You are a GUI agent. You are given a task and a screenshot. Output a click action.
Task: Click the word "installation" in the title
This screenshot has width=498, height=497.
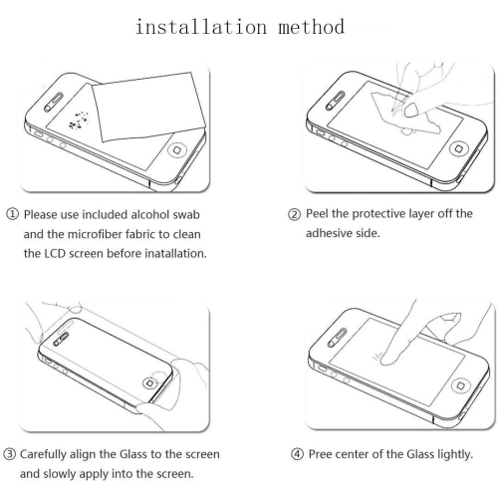click(201, 27)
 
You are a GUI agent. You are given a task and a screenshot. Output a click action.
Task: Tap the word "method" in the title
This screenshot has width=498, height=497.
click(311, 27)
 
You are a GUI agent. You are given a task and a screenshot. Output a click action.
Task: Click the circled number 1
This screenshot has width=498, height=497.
click(12, 214)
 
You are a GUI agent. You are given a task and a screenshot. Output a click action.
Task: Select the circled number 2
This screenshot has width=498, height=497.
click(295, 214)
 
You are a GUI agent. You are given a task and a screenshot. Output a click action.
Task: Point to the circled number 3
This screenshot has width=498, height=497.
click(10, 454)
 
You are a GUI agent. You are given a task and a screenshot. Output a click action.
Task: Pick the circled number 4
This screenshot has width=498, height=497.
click(298, 454)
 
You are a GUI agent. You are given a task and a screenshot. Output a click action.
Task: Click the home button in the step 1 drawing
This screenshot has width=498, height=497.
click(177, 150)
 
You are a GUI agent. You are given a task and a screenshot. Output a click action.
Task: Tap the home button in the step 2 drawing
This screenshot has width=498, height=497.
click(458, 148)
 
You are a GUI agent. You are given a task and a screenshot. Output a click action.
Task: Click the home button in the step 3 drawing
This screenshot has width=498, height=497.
click(149, 383)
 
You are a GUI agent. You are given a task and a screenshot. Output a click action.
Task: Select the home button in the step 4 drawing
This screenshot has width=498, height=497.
click(460, 385)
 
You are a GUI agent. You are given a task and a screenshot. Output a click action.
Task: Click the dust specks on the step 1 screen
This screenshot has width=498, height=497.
click(79, 121)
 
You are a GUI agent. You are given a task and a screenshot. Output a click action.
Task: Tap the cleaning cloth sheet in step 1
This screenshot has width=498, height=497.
click(148, 107)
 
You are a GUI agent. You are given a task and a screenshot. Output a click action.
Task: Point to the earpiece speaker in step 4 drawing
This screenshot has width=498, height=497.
click(337, 338)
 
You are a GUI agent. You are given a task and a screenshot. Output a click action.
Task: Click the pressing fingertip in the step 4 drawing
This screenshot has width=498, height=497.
click(388, 359)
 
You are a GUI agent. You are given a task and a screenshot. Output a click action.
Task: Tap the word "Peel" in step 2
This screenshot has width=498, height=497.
click(317, 213)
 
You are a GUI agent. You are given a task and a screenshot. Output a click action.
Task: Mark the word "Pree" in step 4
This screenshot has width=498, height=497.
click(320, 454)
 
